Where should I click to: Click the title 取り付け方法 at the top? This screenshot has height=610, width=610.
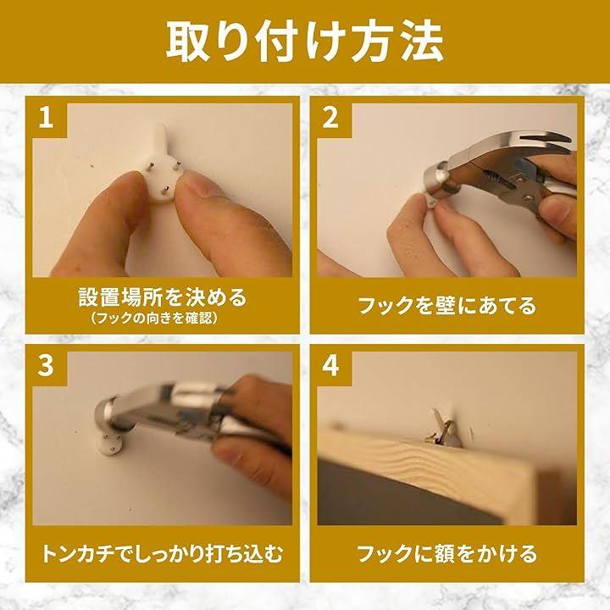click(x=305, y=42)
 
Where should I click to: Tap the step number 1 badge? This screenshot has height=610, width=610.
click(x=46, y=117)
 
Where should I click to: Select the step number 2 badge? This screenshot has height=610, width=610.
click(x=330, y=117)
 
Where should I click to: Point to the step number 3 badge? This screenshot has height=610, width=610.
click(x=46, y=366)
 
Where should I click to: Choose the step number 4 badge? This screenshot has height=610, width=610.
click(x=330, y=366)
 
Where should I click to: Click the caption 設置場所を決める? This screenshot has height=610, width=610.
click(x=163, y=297)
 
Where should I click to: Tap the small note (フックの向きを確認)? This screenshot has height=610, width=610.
click(x=154, y=319)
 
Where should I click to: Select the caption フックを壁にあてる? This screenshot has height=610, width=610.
click(x=447, y=305)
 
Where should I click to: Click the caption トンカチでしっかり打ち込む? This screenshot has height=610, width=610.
click(x=162, y=553)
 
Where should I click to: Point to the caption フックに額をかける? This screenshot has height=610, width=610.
click(x=447, y=553)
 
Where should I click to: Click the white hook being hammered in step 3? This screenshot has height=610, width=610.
click(x=106, y=442)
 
